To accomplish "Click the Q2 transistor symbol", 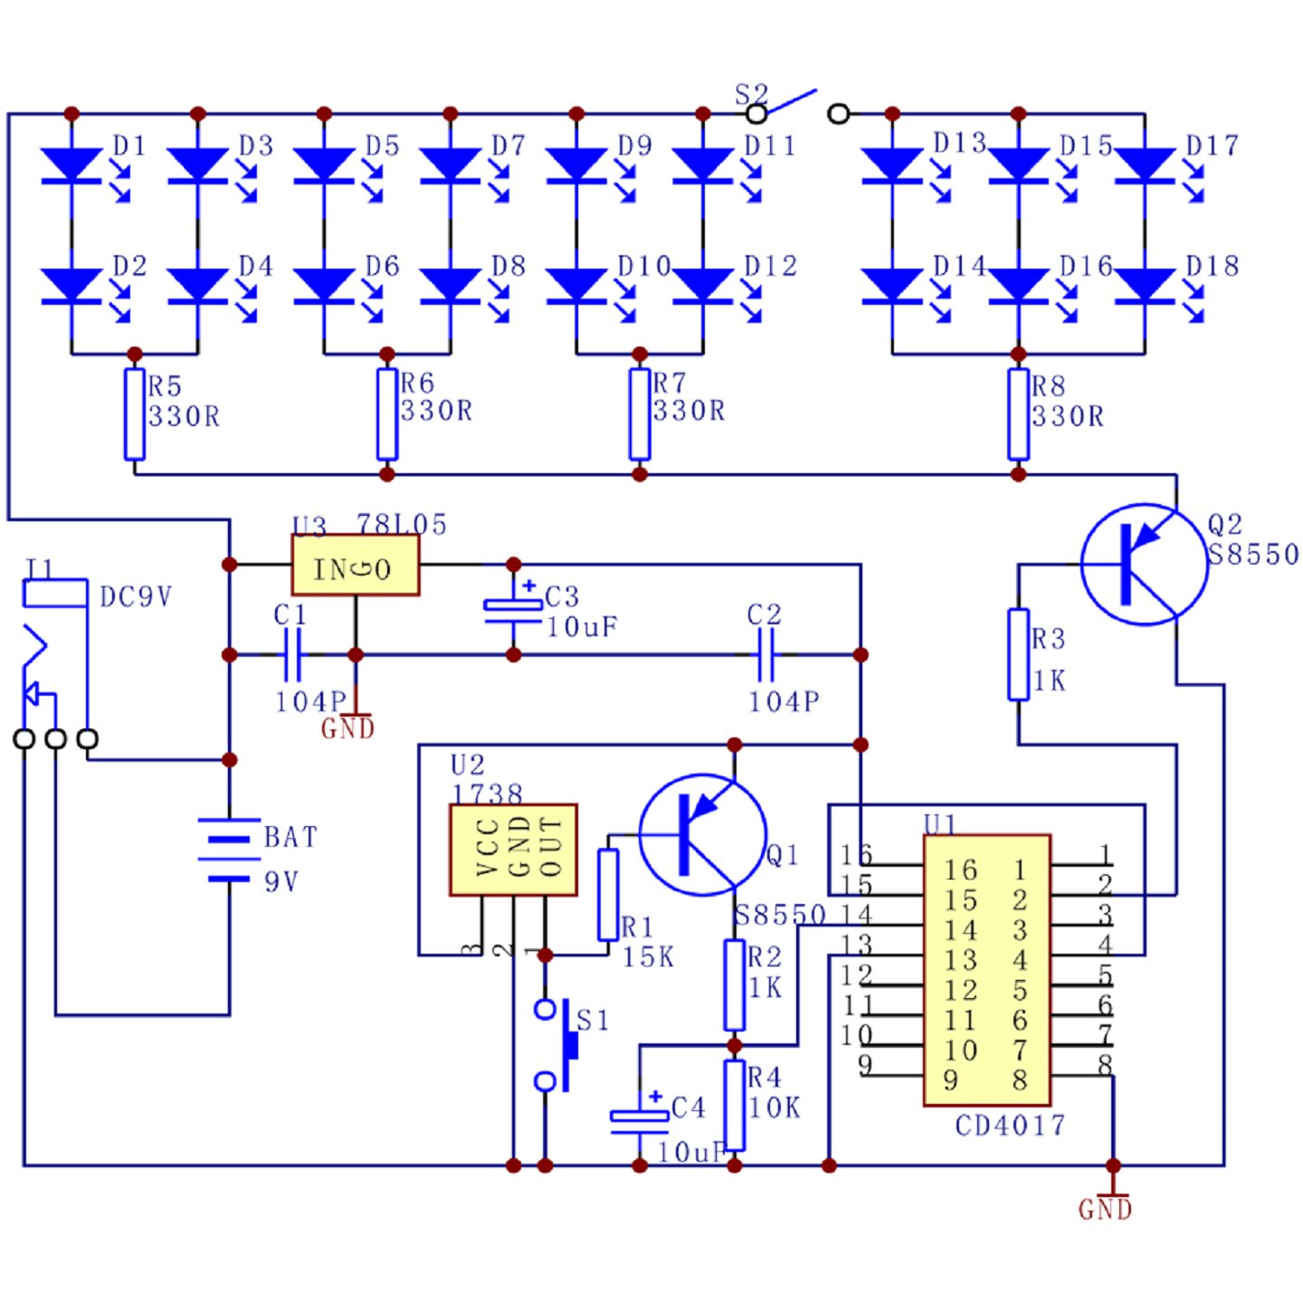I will pyautogui.click(x=1144, y=565).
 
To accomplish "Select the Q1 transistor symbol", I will pyautogui.click(x=703, y=834).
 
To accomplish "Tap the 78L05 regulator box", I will pyautogui.click(x=355, y=566).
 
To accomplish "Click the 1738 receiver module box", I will pyautogui.click(x=513, y=850).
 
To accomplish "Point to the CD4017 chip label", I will pyautogui.click(x=1010, y=1126).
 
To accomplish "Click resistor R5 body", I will pyautogui.click(x=134, y=414).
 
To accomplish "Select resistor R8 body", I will pyautogui.click(x=1018, y=414).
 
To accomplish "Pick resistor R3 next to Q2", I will pyautogui.click(x=1018, y=654).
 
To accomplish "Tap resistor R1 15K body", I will pyautogui.click(x=608, y=895).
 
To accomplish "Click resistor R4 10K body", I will pyautogui.click(x=734, y=1105).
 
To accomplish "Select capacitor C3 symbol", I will pyautogui.click(x=513, y=611).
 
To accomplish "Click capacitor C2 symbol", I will pyautogui.click(x=766, y=654).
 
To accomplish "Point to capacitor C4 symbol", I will pyautogui.click(x=639, y=1121).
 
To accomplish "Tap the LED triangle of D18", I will pyautogui.click(x=1145, y=285).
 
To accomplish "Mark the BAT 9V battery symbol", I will pyautogui.click(x=229, y=851).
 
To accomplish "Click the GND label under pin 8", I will pyautogui.click(x=1105, y=1209).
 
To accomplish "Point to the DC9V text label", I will pyautogui.click(x=136, y=597).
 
